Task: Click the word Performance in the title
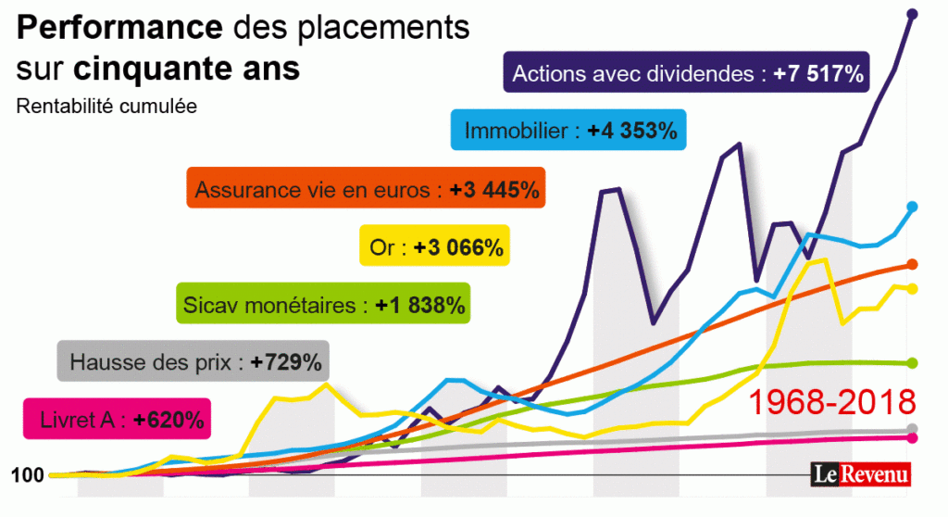(x=119, y=29)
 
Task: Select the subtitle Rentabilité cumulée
(x=106, y=106)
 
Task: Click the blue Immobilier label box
(x=568, y=131)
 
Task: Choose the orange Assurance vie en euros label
(x=366, y=191)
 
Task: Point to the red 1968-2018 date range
(x=830, y=402)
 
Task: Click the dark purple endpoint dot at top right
(x=912, y=14)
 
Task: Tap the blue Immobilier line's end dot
(x=912, y=207)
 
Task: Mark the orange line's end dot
(x=912, y=264)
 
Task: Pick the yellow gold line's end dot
(x=912, y=289)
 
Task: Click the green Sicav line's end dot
(x=912, y=362)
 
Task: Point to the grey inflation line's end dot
(x=912, y=428)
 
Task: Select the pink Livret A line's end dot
(x=912, y=437)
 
